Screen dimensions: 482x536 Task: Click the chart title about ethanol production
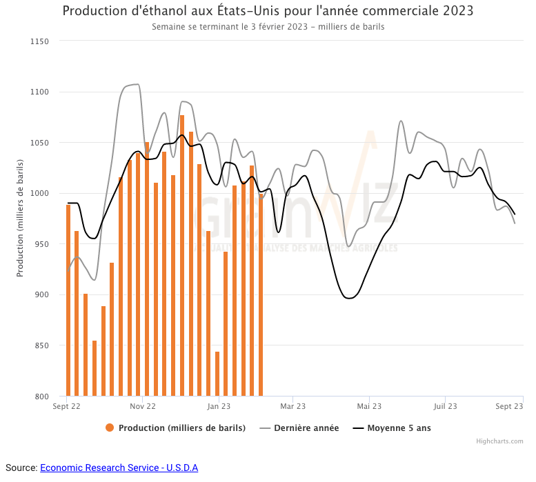pyautogui.click(x=268, y=12)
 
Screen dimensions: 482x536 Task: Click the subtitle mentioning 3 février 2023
pyautogui.click(x=268, y=27)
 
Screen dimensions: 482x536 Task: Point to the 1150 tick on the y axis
pyautogui.click(x=39, y=41)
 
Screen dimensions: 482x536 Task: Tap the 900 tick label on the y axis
pyautogui.click(x=41, y=295)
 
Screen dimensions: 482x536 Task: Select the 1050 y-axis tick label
pyautogui.click(x=39, y=143)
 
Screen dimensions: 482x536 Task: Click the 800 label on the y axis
pyautogui.click(x=41, y=396)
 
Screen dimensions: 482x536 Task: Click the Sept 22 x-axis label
pyautogui.click(x=66, y=407)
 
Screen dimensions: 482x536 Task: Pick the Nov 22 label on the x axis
pyautogui.click(x=142, y=407)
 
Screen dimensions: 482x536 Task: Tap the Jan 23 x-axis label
pyautogui.click(x=219, y=407)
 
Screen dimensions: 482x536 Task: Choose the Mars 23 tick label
pyautogui.click(x=293, y=407)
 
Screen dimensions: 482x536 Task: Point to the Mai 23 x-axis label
pyautogui.click(x=369, y=407)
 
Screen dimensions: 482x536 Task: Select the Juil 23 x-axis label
pyautogui.click(x=444, y=407)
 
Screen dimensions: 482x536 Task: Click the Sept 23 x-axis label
pyautogui.click(x=509, y=407)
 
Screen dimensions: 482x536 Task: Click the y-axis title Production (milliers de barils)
pyautogui.click(x=20, y=219)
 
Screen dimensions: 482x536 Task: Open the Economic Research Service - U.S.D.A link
pyautogui.click(x=119, y=468)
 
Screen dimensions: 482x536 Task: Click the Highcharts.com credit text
pyautogui.click(x=499, y=441)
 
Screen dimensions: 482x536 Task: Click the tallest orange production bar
pyautogui.click(x=182, y=255)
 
